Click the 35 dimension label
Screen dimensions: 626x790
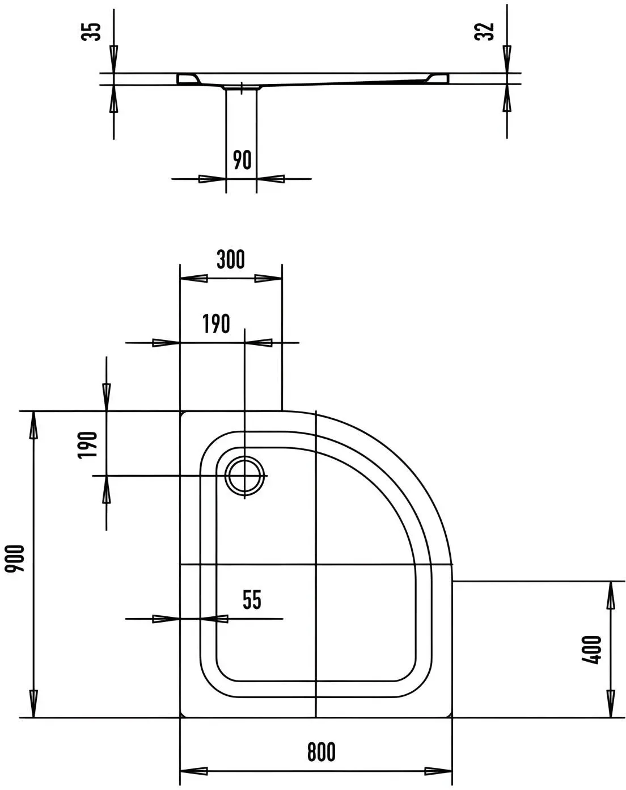pos(91,32)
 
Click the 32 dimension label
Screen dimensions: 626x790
pos(484,31)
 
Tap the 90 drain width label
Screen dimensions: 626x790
pos(242,159)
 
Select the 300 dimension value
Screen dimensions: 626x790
pos(231,259)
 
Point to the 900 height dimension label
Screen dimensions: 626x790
pos(14,558)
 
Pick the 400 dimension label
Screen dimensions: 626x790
pos(591,650)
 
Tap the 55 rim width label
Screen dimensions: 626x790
pos(252,600)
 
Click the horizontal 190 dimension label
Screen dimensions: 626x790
pos(217,324)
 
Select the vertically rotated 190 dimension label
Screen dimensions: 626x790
pos(87,445)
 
